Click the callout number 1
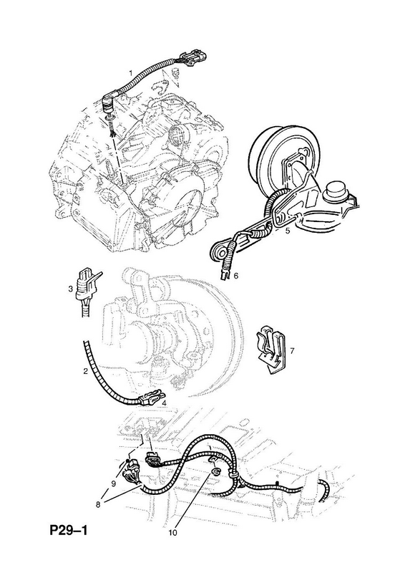(x=130, y=73)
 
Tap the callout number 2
(x=85, y=372)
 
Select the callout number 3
(x=71, y=289)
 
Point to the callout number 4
(x=165, y=403)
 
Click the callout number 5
(x=288, y=231)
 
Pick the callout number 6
(x=235, y=276)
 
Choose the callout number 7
(x=292, y=351)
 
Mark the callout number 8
(x=98, y=504)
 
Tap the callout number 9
(x=113, y=483)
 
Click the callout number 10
(x=172, y=532)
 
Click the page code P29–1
(x=69, y=530)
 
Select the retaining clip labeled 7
(x=270, y=348)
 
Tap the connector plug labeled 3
(x=85, y=284)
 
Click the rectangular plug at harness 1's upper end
(x=193, y=59)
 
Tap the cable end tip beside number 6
(x=224, y=276)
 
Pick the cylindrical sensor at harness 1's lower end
(x=109, y=102)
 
